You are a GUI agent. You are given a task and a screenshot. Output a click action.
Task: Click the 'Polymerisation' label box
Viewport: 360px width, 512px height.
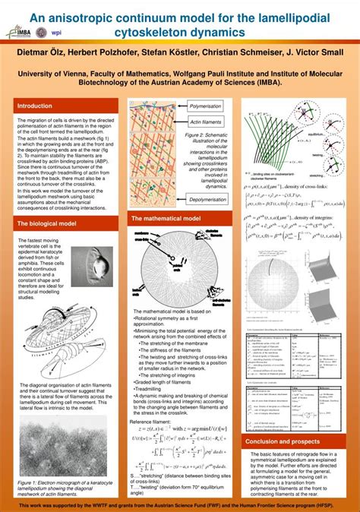[204, 107]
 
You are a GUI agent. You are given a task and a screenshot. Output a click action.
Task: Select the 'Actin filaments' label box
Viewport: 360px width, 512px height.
[204, 122]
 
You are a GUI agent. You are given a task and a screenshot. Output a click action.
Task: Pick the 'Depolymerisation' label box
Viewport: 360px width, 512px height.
[207, 199]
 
